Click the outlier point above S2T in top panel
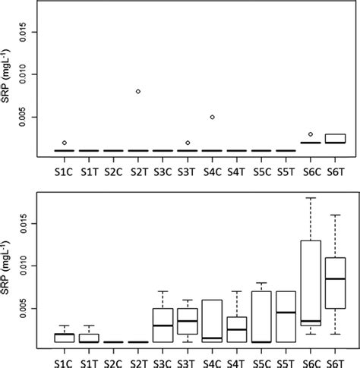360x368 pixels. pyautogui.click(x=138, y=91)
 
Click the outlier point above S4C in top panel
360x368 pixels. pyautogui.click(x=212, y=117)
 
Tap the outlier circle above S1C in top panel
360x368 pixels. pyautogui.click(x=65, y=143)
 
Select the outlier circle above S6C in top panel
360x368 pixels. pyautogui.click(x=311, y=134)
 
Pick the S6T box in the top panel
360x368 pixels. pyautogui.click(x=335, y=138)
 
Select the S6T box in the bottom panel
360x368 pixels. pyautogui.click(x=335, y=283)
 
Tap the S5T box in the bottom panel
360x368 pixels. pyautogui.click(x=286, y=316)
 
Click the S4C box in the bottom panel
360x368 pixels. pyautogui.click(x=212, y=321)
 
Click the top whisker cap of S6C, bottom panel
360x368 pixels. pyautogui.click(x=311, y=198)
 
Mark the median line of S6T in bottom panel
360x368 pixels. pyautogui.click(x=335, y=279)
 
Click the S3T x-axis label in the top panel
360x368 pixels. pyautogui.click(x=187, y=175)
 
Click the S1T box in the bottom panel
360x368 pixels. pyautogui.click(x=89, y=338)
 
